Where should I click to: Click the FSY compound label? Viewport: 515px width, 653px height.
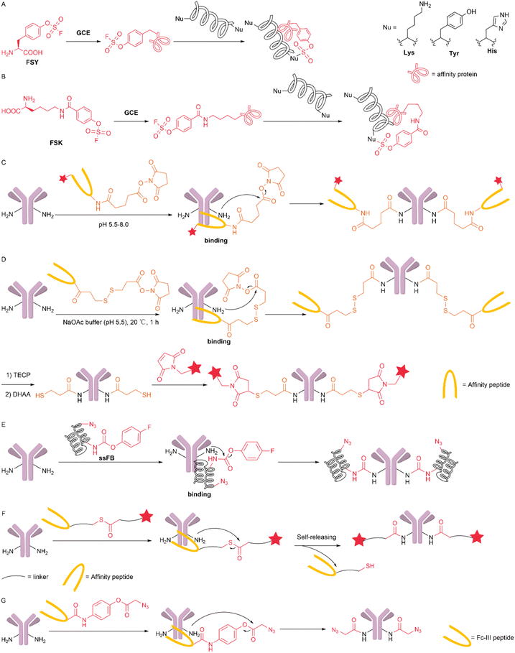click(x=30, y=78)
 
